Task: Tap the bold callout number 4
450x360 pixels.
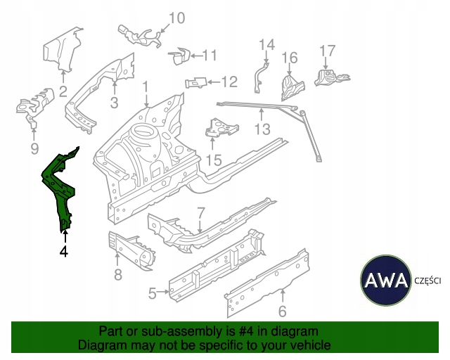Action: (x=64, y=252)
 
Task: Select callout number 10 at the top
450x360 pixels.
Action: (x=176, y=18)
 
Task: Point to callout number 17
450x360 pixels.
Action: (x=327, y=51)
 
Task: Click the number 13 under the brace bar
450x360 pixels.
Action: (x=262, y=129)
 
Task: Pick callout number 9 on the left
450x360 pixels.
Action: (x=34, y=148)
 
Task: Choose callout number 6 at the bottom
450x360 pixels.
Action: (x=283, y=311)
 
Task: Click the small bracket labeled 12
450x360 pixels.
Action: (x=196, y=83)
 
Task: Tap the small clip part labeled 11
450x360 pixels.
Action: (x=179, y=56)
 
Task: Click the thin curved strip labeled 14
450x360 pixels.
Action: (x=260, y=77)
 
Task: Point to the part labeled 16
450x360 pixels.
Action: (x=292, y=86)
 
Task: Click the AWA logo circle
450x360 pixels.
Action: (x=386, y=281)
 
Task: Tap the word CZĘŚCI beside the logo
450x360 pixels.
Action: (x=427, y=281)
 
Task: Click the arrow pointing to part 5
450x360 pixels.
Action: (x=163, y=292)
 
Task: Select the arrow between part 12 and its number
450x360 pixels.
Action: (x=214, y=82)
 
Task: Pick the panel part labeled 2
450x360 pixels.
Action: (x=61, y=49)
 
